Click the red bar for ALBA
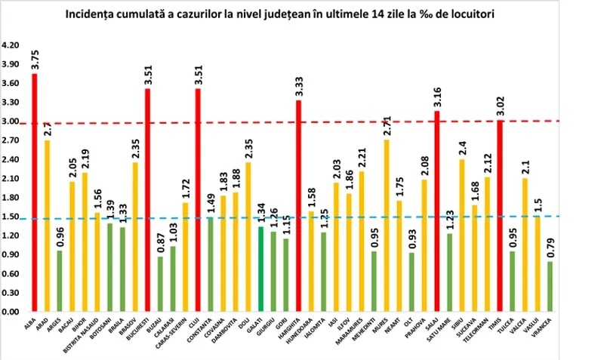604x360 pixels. pos(35,192)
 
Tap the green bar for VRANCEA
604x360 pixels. pos(550,286)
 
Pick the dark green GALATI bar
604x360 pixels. pos(260,269)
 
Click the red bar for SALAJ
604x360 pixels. pos(437,211)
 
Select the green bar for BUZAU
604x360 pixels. pos(160,284)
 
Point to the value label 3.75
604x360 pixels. pos(35,60)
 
